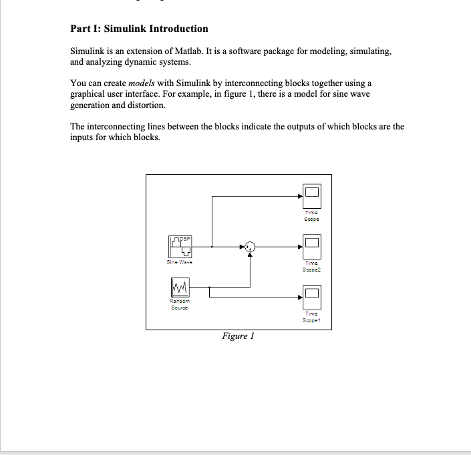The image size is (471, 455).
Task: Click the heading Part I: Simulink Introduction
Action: click(x=139, y=29)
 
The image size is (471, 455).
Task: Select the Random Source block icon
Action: click(x=180, y=288)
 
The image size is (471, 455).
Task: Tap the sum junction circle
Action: click(x=250, y=248)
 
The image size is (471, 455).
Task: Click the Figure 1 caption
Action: click(x=239, y=336)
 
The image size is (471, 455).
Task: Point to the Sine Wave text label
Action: click(x=180, y=263)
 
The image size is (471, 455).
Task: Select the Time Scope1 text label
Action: click(x=312, y=316)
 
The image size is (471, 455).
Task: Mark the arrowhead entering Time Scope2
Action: click(x=300, y=248)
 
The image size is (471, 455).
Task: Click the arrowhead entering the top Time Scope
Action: click(x=300, y=196)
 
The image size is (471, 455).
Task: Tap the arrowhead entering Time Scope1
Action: click(x=300, y=297)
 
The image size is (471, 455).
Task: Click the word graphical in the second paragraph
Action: click(x=89, y=94)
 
